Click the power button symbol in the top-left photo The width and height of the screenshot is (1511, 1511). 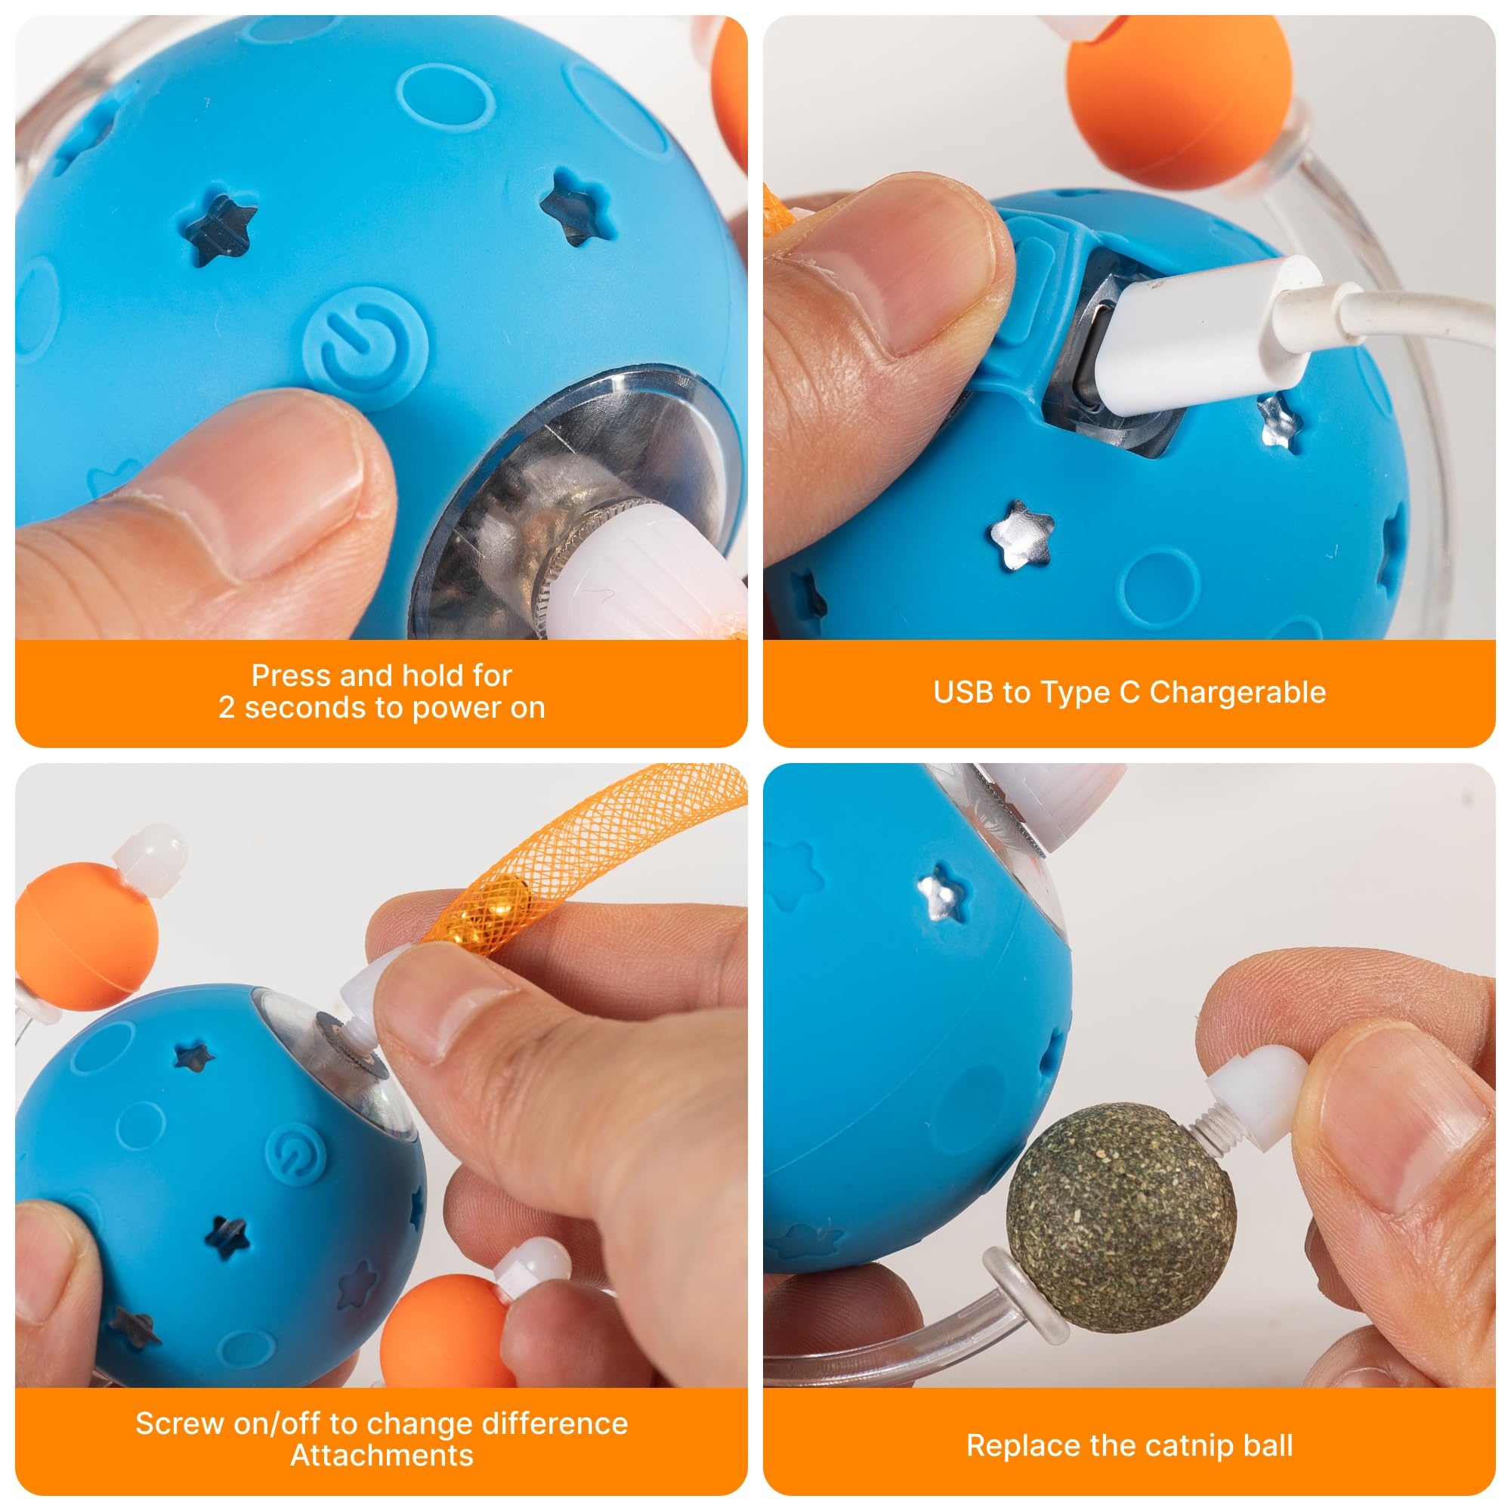click(x=364, y=348)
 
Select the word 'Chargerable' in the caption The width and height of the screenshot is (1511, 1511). click(x=1238, y=693)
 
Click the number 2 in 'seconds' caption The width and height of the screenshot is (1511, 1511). click(x=226, y=708)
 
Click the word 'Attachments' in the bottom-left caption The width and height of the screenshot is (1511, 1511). click(x=382, y=1456)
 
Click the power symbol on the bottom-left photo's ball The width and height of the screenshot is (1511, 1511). click(x=295, y=1153)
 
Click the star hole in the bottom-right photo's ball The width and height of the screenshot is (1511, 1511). click(x=944, y=892)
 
